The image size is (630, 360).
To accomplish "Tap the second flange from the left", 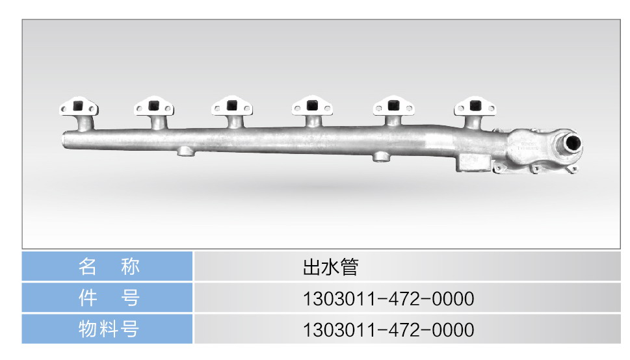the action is point(154,106).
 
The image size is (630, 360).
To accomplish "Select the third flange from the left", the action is point(232,106).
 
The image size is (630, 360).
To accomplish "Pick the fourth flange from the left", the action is point(312,106).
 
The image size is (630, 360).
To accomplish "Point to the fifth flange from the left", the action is point(393,106).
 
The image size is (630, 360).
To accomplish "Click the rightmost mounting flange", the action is point(475,106).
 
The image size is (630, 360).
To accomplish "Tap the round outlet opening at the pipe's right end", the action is point(572,143).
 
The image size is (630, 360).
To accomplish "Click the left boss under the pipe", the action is point(186,151).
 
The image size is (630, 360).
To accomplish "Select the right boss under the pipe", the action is point(381,157).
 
